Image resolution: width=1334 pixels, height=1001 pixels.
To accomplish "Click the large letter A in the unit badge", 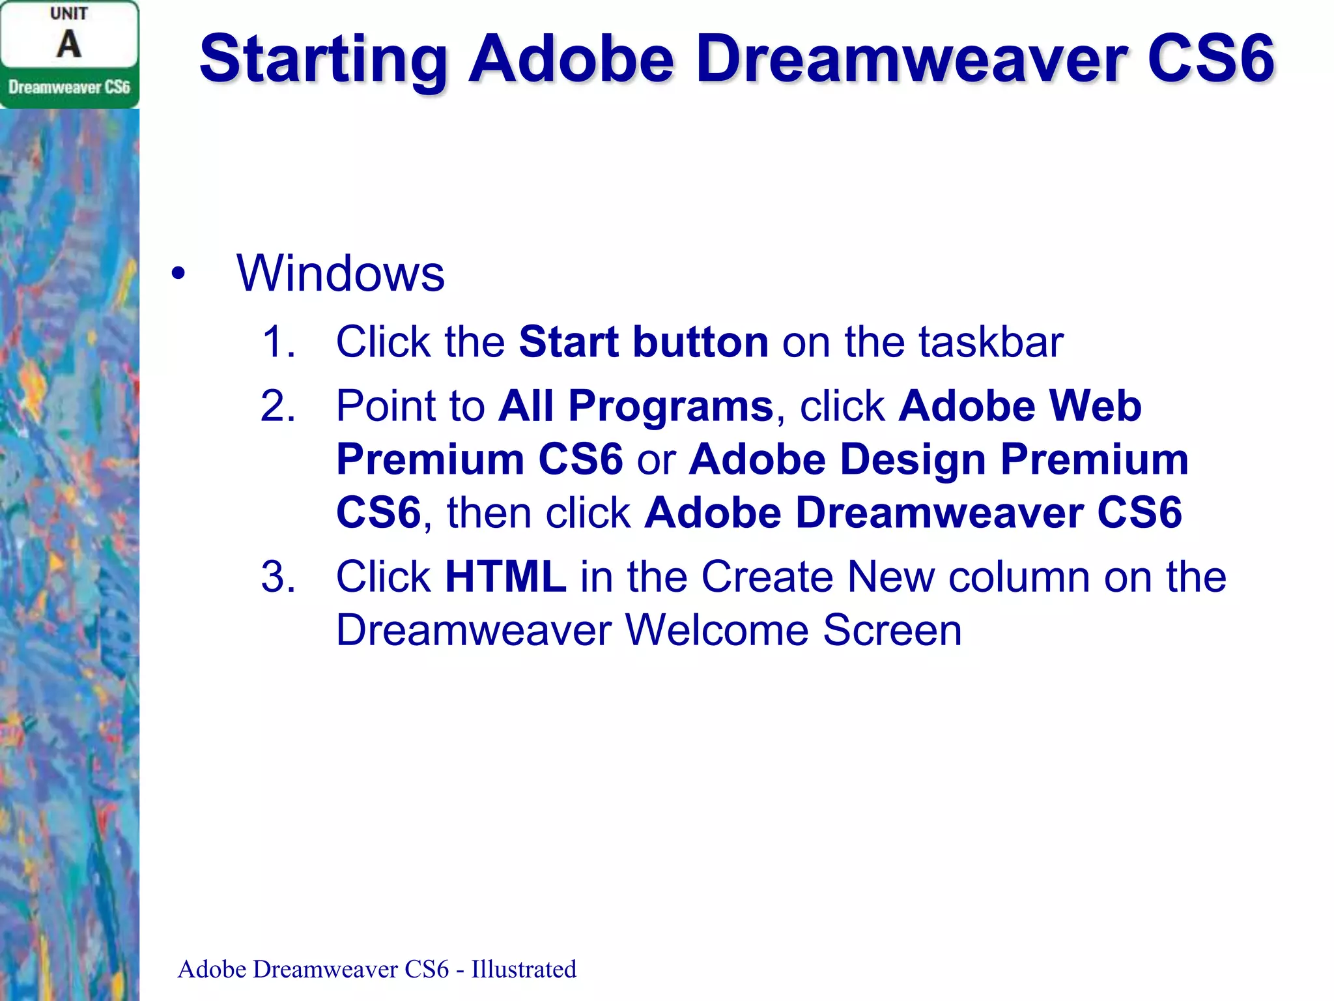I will pos(68,44).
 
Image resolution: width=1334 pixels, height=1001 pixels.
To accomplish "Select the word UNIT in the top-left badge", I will pos(68,14).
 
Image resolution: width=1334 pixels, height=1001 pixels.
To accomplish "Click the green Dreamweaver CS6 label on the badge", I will pos(69,87).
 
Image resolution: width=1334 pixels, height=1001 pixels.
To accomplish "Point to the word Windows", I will pos(340,274).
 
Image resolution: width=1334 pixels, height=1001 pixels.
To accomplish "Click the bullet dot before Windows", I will pos(178,274).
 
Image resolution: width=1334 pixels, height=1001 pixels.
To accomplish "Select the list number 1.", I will pos(278,341).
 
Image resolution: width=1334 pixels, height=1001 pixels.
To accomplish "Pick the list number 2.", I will pos(278,406).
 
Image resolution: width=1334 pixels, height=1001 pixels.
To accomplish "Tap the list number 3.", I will pos(278,577).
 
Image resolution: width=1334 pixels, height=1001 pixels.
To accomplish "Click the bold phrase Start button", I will pos(643,341).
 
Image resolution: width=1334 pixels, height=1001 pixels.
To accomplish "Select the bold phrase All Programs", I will pos(636,406).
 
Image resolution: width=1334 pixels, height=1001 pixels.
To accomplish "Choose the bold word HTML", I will pos(505,577).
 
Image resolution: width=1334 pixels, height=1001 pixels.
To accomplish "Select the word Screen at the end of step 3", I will pos(892,630).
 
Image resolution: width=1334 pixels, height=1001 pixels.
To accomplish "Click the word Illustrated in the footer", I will pos(524,970).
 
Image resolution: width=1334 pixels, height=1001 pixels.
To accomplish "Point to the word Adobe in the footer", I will pos(212,970).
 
